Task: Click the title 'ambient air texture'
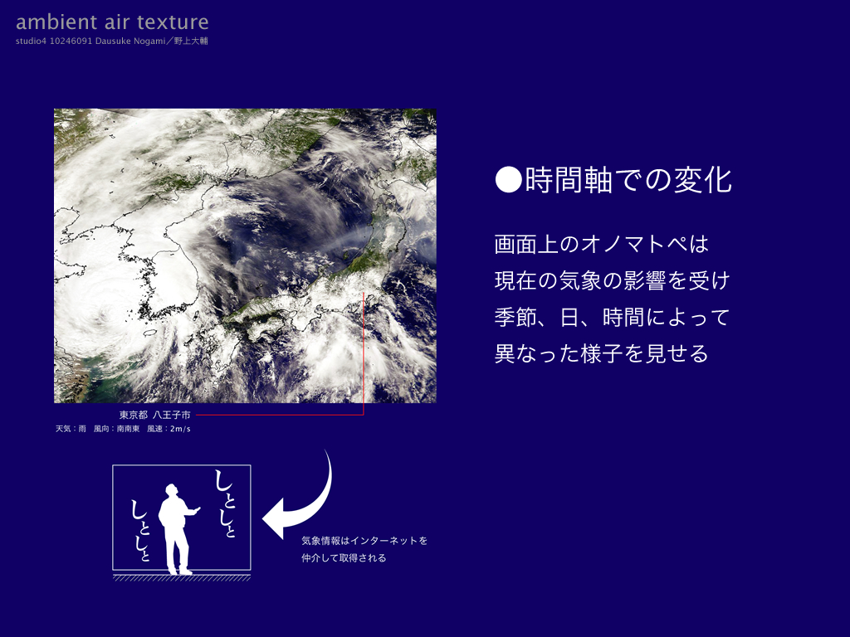(112, 22)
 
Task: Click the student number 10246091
(71, 41)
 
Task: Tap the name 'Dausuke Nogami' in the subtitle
(130, 41)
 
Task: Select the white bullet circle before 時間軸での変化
(509, 180)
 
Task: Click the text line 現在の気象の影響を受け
(612, 280)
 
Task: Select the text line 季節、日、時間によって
(612, 317)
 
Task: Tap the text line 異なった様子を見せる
(602, 353)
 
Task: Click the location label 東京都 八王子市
(155, 415)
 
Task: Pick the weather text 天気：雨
(71, 429)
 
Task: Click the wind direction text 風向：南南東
(116, 429)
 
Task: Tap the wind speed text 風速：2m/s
(169, 429)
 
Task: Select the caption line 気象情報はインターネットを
(364, 541)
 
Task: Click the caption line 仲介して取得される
(344, 558)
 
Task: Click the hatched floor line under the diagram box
(182, 578)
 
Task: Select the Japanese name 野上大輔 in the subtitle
(191, 41)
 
